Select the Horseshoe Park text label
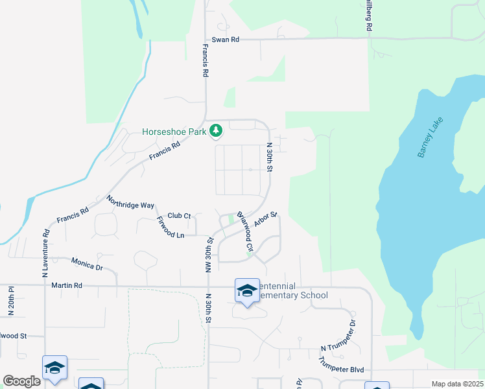[174, 132]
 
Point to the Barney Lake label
[431, 137]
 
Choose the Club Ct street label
[179, 216]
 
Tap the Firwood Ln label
[171, 228]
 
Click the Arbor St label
[266, 219]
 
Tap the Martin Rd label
[67, 285]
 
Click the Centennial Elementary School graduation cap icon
[246, 292]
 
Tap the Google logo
[21, 381]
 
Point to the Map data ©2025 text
[456, 384]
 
